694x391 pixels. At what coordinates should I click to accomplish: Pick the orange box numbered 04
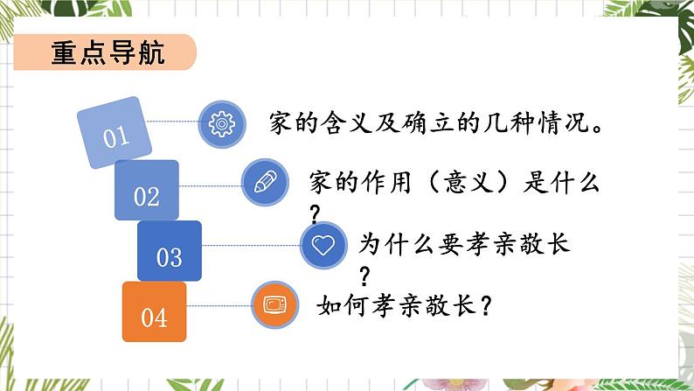(x=154, y=312)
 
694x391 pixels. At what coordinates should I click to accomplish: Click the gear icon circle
(x=223, y=123)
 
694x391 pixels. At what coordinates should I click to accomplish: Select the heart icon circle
(x=323, y=244)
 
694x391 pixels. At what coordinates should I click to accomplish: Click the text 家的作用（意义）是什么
(x=455, y=183)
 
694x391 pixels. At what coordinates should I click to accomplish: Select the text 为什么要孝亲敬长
(x=464, y=244)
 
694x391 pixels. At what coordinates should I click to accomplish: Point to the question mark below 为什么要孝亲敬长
(x=364, y=275)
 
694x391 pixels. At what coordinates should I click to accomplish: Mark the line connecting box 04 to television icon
(x=219, y=304)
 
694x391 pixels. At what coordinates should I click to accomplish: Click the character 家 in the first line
(x=282, y=122)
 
